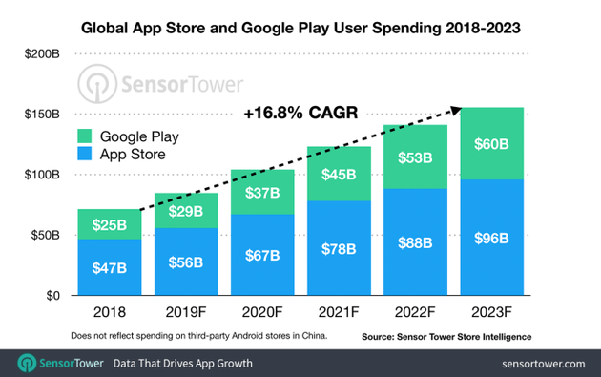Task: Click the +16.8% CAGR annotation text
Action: click(300, 114)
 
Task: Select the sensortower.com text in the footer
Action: click(541, 364)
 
